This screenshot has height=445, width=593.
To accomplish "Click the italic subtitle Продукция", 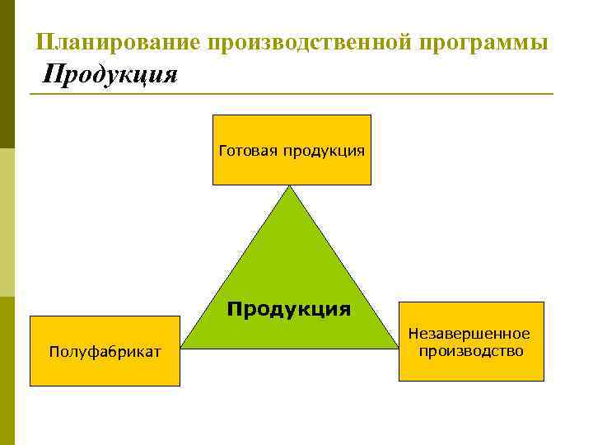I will click(110, 75).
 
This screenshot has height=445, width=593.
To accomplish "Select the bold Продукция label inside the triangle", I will click(289, 309).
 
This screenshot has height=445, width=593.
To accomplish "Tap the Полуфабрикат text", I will click(105, 352).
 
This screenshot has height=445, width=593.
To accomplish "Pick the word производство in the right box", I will click(470, 351).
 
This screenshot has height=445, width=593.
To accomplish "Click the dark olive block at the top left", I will click(7, 74).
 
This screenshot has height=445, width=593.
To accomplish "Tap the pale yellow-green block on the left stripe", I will click(7, 222).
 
